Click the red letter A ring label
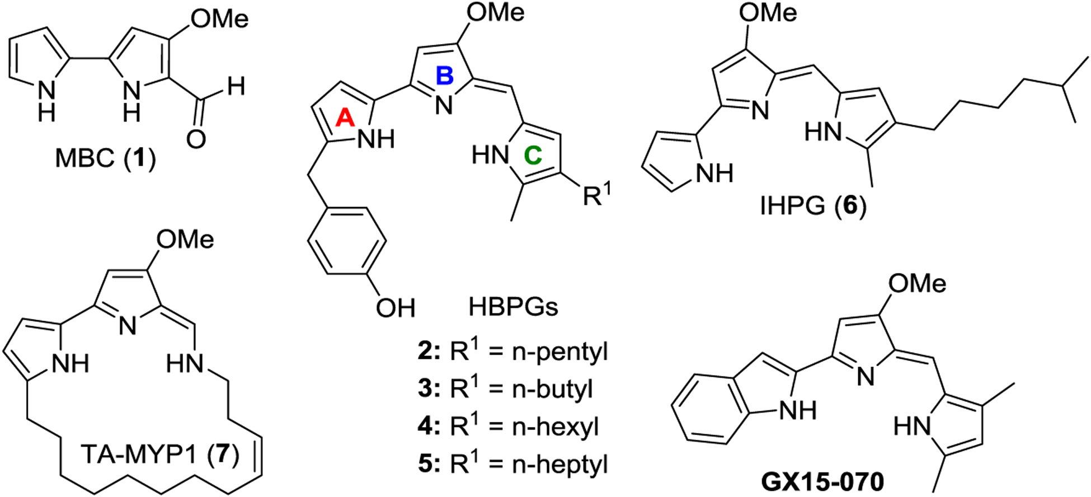[x=345, y=118]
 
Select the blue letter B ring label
[x=445, y=76]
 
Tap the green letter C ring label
[x=533, y=155]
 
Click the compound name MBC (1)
[x=105, y=159]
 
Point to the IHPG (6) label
[x=813, y=207]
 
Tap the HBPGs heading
[x=513, y=307]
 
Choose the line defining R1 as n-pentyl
[x=512, y=352]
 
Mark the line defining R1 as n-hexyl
[x=508, y=427]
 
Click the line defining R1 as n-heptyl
[x=512, y=465]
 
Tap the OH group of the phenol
[x=395, y=307]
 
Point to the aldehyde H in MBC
[x=236, y=87]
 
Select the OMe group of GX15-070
[x=917, y=284]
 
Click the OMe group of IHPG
[x=768, y=13]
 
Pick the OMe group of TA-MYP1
[x=185, y=240]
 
